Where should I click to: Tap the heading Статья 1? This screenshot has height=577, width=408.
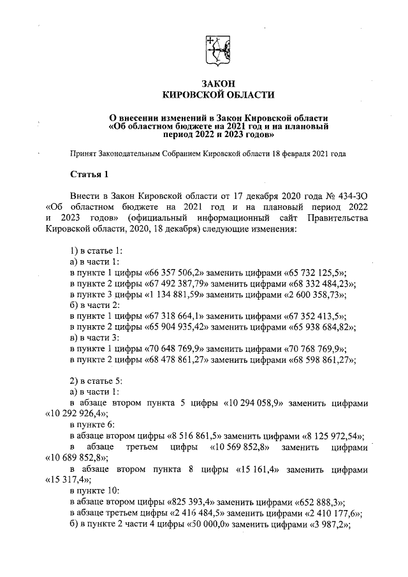pos(90,174)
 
